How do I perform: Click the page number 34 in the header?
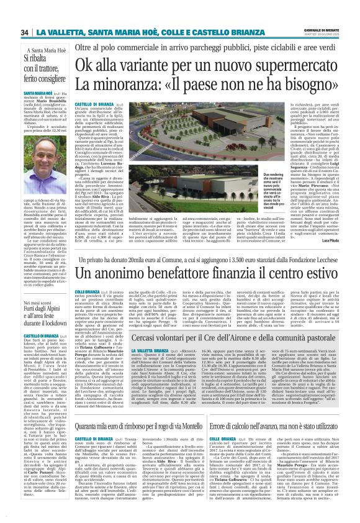pos(24,32)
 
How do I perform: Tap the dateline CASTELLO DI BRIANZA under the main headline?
pos(91,105)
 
